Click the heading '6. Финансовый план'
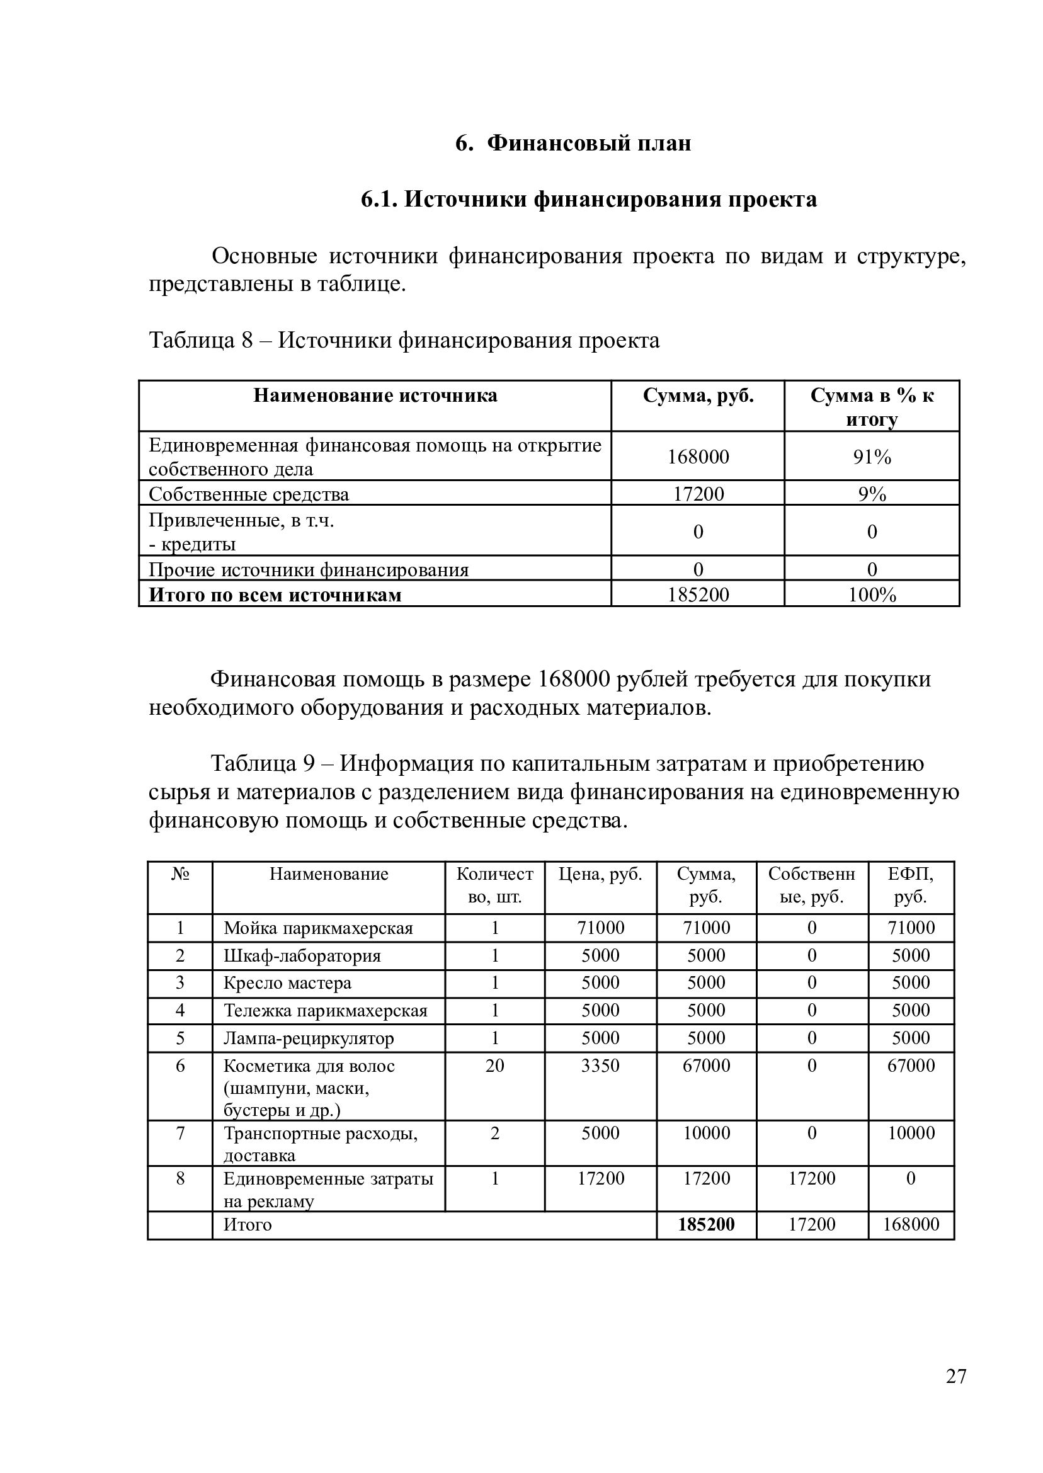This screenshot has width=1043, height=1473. (x=573, y=142)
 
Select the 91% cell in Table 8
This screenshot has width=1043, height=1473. (x=872, y=457)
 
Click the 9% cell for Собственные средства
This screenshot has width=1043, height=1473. (x=872, y=494)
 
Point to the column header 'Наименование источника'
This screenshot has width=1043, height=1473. (x=375, y=395)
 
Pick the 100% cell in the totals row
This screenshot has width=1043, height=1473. (x=872, y=594)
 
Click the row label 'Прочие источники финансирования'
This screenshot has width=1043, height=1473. (x=309, y=569)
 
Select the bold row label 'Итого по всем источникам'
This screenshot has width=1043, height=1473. (x=275, y=594)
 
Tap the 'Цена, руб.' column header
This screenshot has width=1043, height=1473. (x=600, y=874)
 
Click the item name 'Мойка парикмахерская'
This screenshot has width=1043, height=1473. (x=318, y=928)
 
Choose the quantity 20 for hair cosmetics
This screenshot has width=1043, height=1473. (x=494, y=1066)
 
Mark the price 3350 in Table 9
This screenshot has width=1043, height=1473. (x=600, y=1066)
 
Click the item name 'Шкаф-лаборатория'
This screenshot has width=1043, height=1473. (x=302, y=956)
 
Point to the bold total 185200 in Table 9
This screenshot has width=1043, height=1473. (x=706, y=1224)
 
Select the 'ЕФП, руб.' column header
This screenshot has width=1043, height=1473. (x=910, y=885)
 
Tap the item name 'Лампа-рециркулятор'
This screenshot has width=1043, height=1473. (x=309, y=1038)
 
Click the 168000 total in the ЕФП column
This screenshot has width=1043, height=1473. (x=910, y=1224)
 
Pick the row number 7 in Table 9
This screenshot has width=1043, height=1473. (x=180, y=1134)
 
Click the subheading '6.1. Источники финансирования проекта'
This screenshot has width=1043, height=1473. (x=588, y=199)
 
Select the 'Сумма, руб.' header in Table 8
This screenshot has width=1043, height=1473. (x=698, y=395)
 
